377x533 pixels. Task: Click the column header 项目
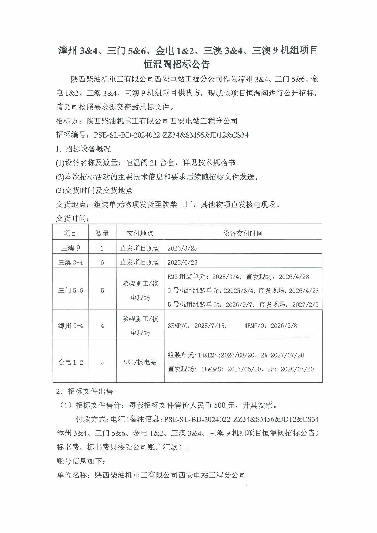click(x=70, y=233)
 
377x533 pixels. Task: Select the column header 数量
click(x=102, y=233)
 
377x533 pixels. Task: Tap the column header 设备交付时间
click(x=243, y=233)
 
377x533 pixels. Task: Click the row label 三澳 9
click(x=71, y=248)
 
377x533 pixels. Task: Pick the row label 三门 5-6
click(x=70, y=290)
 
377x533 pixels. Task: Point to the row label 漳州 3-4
click(x=70, y=326)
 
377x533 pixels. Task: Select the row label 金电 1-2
click(x=70, y=362)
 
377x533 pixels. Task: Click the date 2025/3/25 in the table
click(x=182, y=248)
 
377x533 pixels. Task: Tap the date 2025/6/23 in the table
click(x=182, y=262)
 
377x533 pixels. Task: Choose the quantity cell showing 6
click(x=102, y=262)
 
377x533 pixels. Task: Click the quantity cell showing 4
click(x=102, y=326)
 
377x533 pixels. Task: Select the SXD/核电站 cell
click(x=140, y=362)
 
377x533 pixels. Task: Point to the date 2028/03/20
click(x=297, y=369)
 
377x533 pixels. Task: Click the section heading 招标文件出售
click(x=90, y=391)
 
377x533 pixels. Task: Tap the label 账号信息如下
click(x=81, y=461)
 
